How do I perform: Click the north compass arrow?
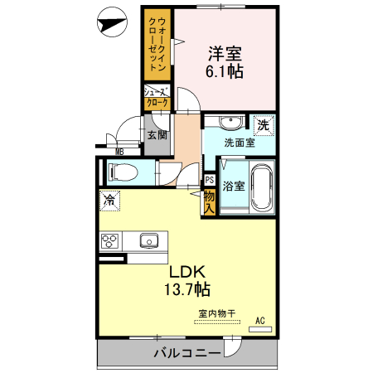tap(109, 24)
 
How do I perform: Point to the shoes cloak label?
tap(157, 97)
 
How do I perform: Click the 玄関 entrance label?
tap(157, 135)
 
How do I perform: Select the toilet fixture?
tap(120, 173)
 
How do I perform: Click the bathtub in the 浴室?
tap(262, 188)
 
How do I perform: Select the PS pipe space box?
tap(209, 178)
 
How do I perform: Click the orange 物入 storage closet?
tap(209, 202)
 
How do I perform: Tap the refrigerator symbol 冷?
tap(109, 199)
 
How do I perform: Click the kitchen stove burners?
tap(110, 241)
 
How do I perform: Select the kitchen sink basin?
tap(150, 241)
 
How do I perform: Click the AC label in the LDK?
tap(259, 321)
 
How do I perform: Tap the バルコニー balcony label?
tap(186, 355)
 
